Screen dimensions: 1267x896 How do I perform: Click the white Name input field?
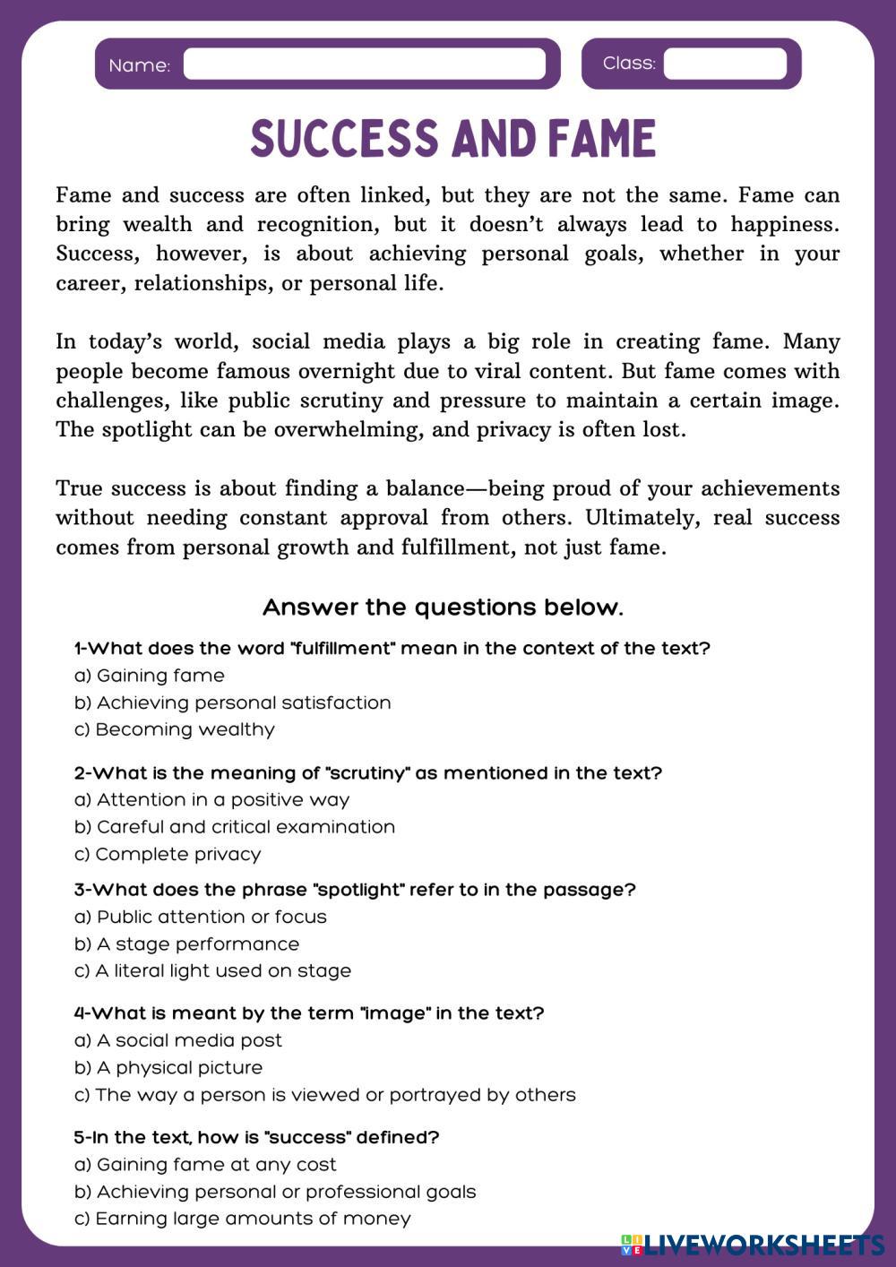point(364,65)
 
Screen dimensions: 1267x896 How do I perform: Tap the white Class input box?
point(724,64)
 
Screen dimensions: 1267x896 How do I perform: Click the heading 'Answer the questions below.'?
point(443,608)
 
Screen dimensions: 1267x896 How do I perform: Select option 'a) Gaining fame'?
point(150,676)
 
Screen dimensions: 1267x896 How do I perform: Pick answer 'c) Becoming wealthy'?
point(175,729)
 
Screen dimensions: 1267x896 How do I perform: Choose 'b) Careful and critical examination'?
point(235,827)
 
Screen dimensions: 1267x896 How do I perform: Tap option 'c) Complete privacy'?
point(168,854)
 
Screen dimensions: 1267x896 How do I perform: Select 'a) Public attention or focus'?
point(201,917)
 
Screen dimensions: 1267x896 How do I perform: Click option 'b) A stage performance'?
point(187,944)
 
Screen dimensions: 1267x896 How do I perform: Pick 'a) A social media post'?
point(178,1040)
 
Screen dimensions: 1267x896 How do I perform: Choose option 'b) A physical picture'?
point(168,1067)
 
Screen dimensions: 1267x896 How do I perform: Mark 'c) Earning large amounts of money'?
point(243,1219)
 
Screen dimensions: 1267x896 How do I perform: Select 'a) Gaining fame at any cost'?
point(205,1165)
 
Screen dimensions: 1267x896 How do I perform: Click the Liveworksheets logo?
point(753,1244)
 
